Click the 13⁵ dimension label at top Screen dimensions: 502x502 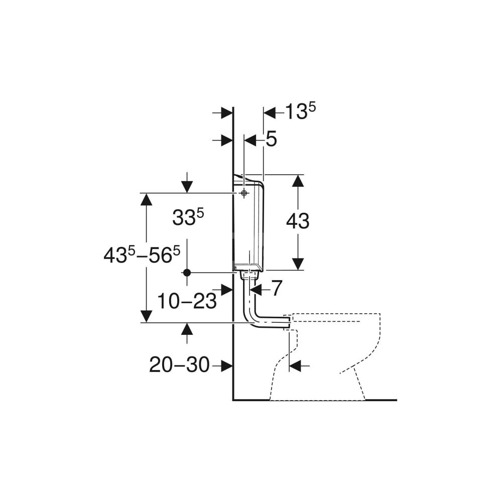pos(300,111)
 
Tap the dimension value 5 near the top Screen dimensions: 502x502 pos(271,140)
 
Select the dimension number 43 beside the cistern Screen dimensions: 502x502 pos(298,221)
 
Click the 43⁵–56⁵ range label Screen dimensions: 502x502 pos(142,255)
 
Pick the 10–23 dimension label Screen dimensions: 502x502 pos(187,301)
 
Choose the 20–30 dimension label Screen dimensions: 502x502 pos(179,364)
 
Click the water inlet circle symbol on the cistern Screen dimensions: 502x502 pos(244,193)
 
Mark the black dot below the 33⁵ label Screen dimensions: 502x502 pos(187,273)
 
